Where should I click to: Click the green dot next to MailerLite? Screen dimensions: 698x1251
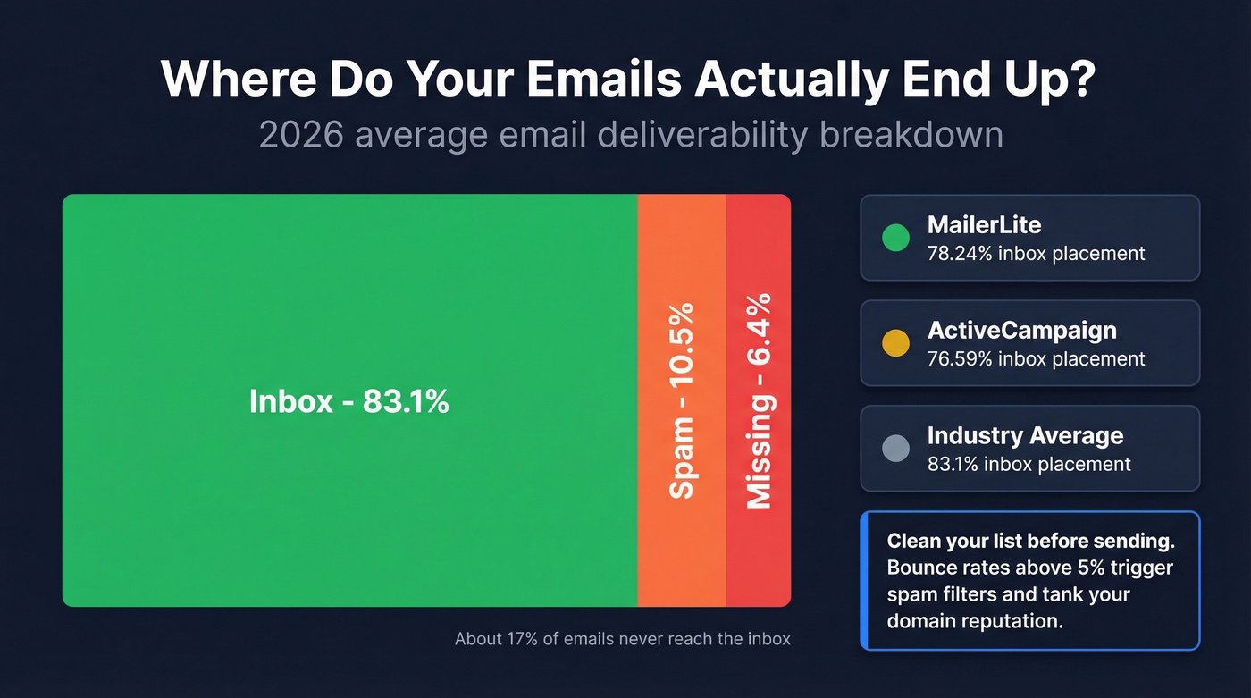click(895, 238)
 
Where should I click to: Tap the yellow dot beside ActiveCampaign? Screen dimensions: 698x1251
click(895, 343)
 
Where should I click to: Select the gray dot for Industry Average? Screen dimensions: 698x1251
click(895, 449)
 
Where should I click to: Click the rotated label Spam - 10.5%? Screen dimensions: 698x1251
click(682, 400)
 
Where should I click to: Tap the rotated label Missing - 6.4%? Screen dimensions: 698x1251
click(759, 400)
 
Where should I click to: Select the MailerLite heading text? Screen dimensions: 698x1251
click(984, 225)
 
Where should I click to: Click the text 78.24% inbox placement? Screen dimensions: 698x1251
click(1036, 254)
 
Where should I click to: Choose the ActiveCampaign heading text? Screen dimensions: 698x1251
click(1021, 331)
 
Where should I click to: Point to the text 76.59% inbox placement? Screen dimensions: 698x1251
click(1036, 359)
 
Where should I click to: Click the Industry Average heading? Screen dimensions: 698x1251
click(1025, 436)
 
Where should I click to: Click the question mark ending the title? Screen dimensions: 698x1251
click(1079, 80)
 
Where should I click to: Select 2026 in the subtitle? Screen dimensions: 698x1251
click(300, 135)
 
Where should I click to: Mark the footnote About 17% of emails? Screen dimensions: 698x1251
click(622, 639)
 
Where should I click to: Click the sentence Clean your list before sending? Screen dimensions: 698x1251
click(1030, 542)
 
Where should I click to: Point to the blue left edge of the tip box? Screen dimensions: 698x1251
click(864, 580)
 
